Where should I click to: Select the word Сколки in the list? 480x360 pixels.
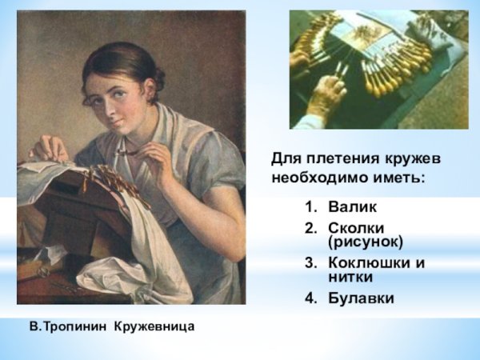tap(354, 229)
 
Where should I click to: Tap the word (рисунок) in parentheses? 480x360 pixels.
tap(365, 242)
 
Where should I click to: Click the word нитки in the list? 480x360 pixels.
tap(350, 277)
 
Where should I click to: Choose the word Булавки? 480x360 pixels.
tap(361, 298)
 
